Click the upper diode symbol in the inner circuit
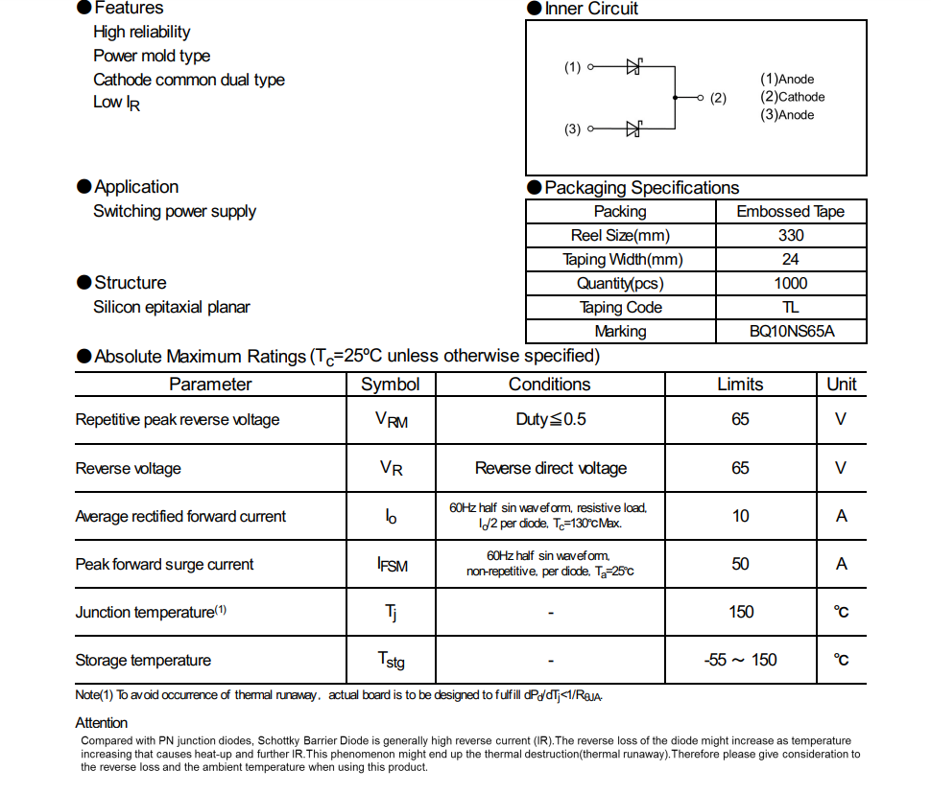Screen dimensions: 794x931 click(x=633, y=67)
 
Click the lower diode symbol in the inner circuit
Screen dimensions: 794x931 click(x=633, y=128)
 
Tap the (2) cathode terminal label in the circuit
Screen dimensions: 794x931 click(x=718, y=98)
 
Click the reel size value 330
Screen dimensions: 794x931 click(x=791, y=236)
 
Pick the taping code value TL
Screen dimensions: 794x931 click(x=791, y=308)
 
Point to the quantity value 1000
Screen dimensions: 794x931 click(x=791, y=284)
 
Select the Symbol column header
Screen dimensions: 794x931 click(x=390, y=385)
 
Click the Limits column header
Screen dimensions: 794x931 click(x=740, y=385)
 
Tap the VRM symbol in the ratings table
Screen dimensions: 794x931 click(x=391, y=420)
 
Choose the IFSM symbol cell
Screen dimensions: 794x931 click(x=392, y=565)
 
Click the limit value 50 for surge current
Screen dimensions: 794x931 click(x=740, y=564)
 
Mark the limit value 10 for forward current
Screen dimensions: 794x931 click(x=740, y=516)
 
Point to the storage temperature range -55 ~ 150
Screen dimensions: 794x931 click(x=740, y=660)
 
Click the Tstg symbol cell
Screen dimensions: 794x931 click(x=391, y=661)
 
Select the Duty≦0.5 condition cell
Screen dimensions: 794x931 click(x=550, y=420)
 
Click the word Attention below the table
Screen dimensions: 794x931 click(x=102, y=723)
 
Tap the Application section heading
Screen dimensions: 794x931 click(x=135, y=187)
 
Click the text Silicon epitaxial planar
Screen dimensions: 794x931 click(x=171, y=308)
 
